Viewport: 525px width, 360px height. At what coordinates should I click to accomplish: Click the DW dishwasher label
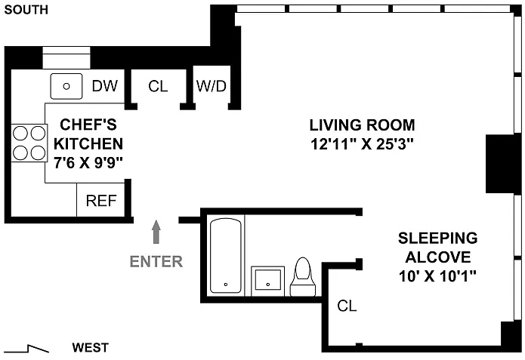pos(105,86)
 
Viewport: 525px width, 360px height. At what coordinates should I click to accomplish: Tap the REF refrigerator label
pos(101,201)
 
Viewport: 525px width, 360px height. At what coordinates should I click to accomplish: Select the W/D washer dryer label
pos(212,86)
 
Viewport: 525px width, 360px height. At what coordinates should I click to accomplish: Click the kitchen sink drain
pos(66,86)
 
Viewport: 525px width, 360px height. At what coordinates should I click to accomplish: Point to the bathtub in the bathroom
pos(226,256)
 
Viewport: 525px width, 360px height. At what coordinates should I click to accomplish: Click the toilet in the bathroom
pos(303,277)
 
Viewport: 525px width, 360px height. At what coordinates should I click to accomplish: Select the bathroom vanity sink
pos(268,281)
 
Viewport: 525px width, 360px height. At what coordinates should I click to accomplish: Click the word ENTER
pos(156,261)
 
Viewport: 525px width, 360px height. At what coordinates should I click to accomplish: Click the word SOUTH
pos(26,10)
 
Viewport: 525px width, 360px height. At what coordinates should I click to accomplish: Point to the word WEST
pos(91,348)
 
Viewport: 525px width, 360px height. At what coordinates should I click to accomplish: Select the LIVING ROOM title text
pos(362,125)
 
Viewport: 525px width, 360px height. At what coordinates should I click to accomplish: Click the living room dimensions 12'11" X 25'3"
pos(362,144)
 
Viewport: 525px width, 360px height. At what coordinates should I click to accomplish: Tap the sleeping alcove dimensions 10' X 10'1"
pos(437,276)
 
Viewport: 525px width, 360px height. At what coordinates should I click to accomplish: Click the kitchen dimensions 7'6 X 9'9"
pos(88,163)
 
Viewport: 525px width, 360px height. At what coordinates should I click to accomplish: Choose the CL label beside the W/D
pos(158,86)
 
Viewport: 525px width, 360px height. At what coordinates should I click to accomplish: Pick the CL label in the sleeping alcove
pos(347,306)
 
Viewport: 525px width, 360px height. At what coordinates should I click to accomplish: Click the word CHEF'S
pos(88,125)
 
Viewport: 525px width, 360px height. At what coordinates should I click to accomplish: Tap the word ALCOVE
pos(438,257)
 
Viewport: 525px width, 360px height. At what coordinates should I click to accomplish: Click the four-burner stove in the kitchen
pos(29,143)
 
